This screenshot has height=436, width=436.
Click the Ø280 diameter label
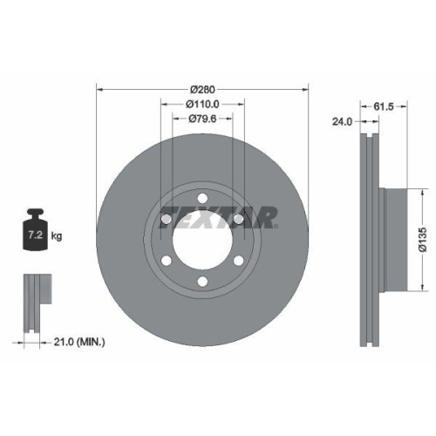(x=202, y=87)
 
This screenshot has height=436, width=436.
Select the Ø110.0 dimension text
(x=202, y=103)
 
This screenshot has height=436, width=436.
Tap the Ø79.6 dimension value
(x=202, y=119)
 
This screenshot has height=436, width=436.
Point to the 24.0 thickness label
(x=342, y=122)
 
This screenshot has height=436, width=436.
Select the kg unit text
(x=56, y=236)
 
